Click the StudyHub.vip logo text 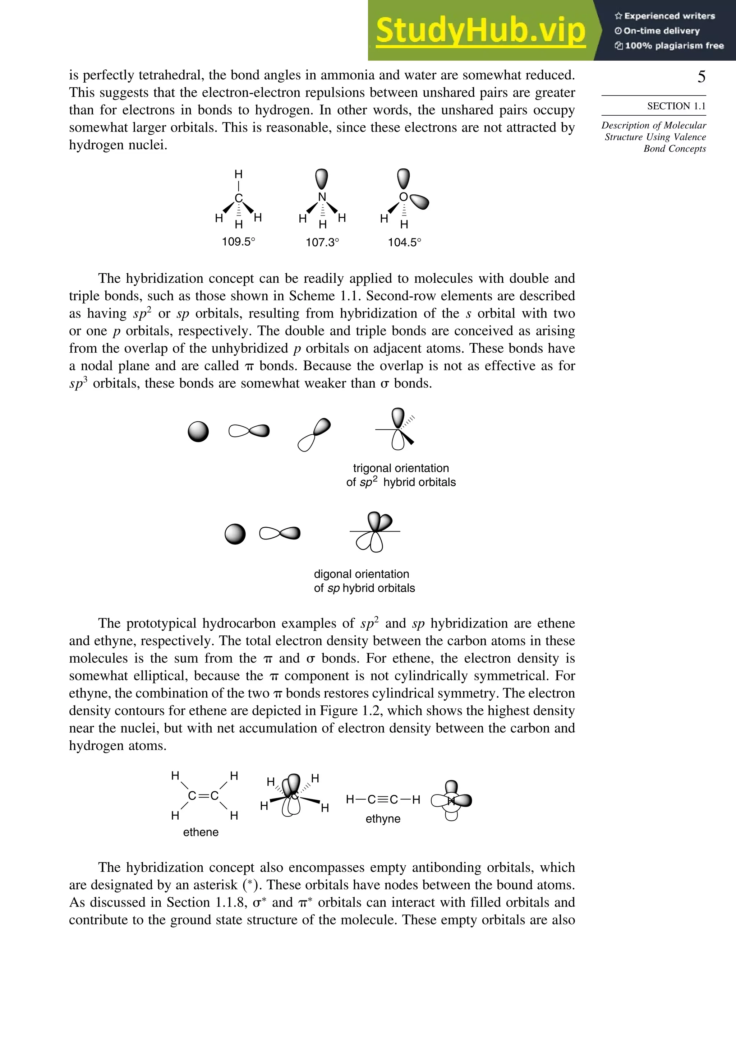[x=480, y=31]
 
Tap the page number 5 [x=701, y=77]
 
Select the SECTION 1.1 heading [x=676, y=106]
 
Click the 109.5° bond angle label [x=238, y=242]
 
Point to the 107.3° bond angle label [x=322, y=242]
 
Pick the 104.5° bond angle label [x=404, y=242]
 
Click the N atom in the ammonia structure [x=322, y=197]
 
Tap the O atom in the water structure [x=403, y=197]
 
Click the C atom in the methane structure [x=238, y=198]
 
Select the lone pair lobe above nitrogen [x=322, y=179]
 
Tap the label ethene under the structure [x=201, y=832]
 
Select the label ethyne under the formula [x=383, y=819]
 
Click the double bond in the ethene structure [x=203, y=796]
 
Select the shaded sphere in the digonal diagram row [x=235, y=534]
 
